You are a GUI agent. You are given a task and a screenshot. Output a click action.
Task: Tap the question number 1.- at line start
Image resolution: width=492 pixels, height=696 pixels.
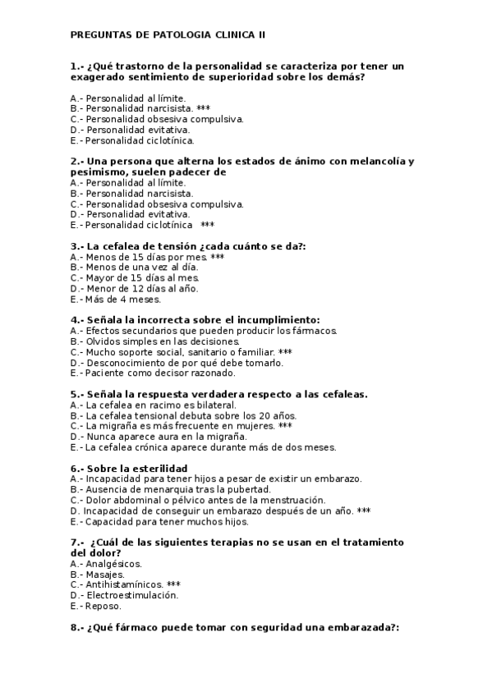tap(78, 66)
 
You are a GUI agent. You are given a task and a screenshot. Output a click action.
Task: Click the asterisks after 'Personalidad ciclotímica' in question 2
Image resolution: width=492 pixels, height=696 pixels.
tap(207, 225)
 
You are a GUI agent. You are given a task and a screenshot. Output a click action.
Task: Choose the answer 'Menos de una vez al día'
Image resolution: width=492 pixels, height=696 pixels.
tap(140, 268)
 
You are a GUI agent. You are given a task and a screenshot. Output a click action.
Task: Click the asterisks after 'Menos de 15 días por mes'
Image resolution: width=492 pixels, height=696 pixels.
tap(218, 257)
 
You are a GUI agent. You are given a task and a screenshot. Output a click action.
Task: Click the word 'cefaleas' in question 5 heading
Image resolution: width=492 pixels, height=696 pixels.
tap(343, 395)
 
